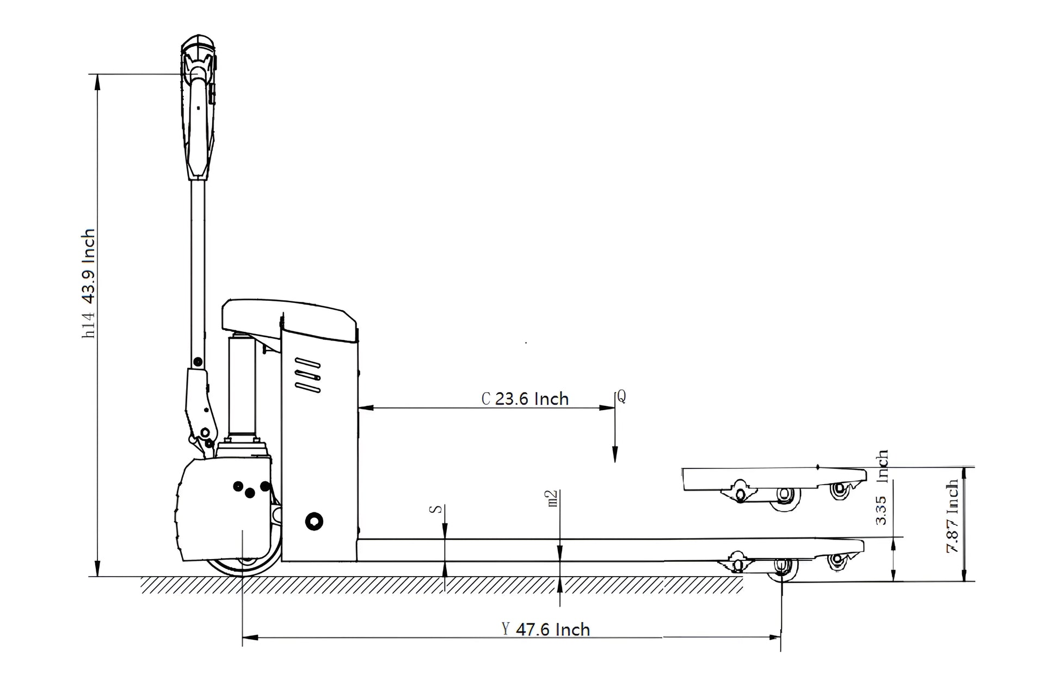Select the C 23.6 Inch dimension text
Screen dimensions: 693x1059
pos(525,399)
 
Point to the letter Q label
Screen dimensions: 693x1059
pos(621,397)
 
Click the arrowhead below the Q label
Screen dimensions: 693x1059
pos(615,455)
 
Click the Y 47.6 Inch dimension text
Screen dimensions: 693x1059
pos(546,629)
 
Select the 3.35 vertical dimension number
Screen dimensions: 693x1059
pos(882,510)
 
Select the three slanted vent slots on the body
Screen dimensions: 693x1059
pos(307,375)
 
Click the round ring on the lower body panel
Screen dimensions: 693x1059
pos(314,522)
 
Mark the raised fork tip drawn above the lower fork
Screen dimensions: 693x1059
pos(773,479)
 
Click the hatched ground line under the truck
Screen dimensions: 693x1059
pos(441,585)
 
